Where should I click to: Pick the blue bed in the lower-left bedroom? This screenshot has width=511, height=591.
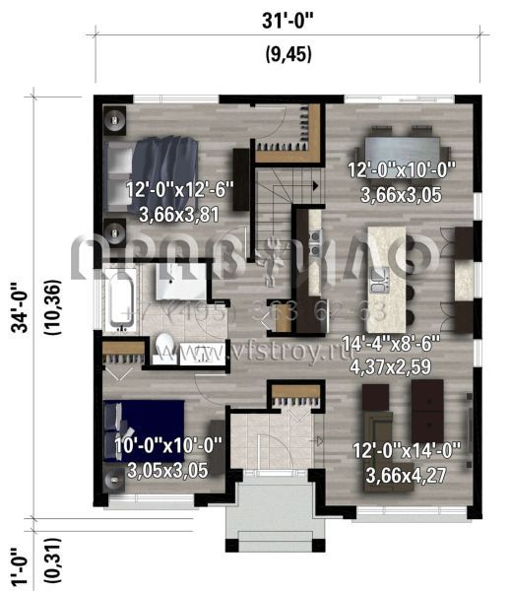coord(148,428)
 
